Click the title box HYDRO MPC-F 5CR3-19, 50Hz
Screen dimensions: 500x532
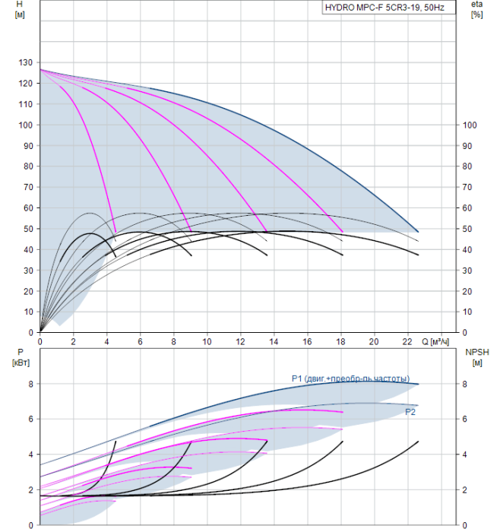389,8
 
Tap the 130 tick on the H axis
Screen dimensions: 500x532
25,63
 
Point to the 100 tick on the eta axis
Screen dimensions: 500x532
470,125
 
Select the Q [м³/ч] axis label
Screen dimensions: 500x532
435,342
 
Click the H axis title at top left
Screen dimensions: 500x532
20,9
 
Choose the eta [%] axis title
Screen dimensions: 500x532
477,9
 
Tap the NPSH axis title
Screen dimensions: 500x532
477,357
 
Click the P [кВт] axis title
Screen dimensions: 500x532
21,357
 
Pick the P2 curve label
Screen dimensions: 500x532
410,412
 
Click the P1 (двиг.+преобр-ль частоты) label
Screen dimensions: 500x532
350,378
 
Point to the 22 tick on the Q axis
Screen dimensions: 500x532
407,342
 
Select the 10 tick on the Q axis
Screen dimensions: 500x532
207,342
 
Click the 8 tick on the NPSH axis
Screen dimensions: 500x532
465,384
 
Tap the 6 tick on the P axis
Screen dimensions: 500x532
31,420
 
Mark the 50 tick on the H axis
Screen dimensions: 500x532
28,229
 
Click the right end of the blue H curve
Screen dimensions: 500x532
418,232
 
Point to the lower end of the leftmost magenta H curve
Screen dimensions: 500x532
116,232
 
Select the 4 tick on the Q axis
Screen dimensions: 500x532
107,342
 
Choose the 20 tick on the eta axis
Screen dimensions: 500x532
467,291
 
